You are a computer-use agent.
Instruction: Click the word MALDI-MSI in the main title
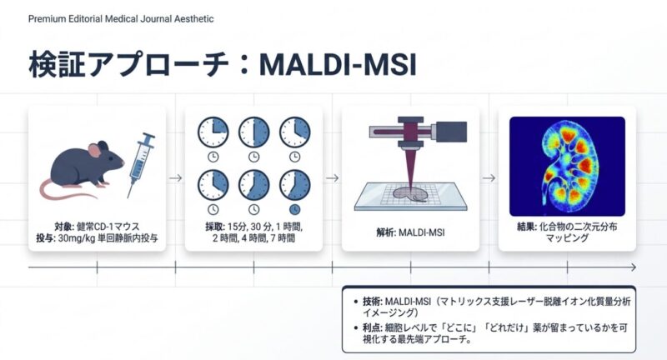(338, 65)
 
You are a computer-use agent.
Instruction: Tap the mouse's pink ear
(94, 150)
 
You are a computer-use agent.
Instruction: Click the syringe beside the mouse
(141, 164)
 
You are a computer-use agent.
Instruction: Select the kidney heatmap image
(567, 166)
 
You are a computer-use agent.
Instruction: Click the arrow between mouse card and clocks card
(175, 178)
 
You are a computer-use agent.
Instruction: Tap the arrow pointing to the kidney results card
(489, 178)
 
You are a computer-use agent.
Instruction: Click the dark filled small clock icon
(294, 209)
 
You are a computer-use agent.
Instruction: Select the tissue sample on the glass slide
(410, 195)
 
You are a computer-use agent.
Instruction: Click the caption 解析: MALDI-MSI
(410, 232)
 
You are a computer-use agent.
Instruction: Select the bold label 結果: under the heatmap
(527, 227)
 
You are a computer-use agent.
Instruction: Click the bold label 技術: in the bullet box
(373, 302)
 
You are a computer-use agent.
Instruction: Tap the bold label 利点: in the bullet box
(373, 328)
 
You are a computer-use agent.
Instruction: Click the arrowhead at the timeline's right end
(634, 267)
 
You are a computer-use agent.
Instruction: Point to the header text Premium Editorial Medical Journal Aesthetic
(121, 18)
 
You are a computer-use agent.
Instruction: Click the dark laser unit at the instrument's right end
(451, 132)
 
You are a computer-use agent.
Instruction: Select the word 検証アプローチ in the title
(129, 65)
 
